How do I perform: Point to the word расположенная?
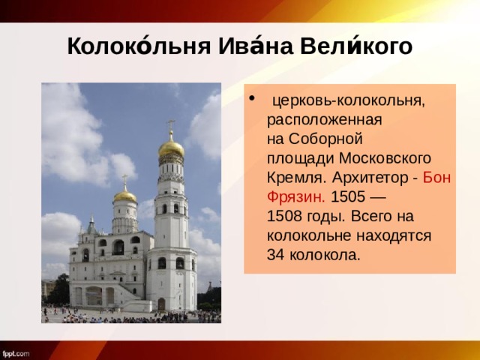(x=325, y=120)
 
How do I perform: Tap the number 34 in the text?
(x=276, y=256)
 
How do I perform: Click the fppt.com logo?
(x=16, y=352)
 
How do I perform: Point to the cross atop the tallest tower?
(x=171, y=124)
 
